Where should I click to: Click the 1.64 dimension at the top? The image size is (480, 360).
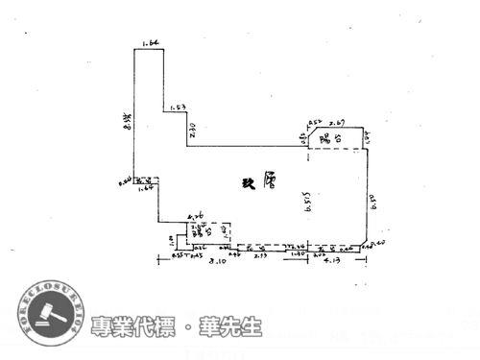click(x=148, y=43)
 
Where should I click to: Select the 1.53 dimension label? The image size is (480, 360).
click(x=177, y=108)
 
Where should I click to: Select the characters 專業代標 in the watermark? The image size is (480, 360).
click(x=129, y=326)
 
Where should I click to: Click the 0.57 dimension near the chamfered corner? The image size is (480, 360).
click(x=313, y=123)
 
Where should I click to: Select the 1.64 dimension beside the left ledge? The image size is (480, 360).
click(x=146, y=189)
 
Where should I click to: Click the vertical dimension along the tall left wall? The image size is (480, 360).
click(x=128, y=120)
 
